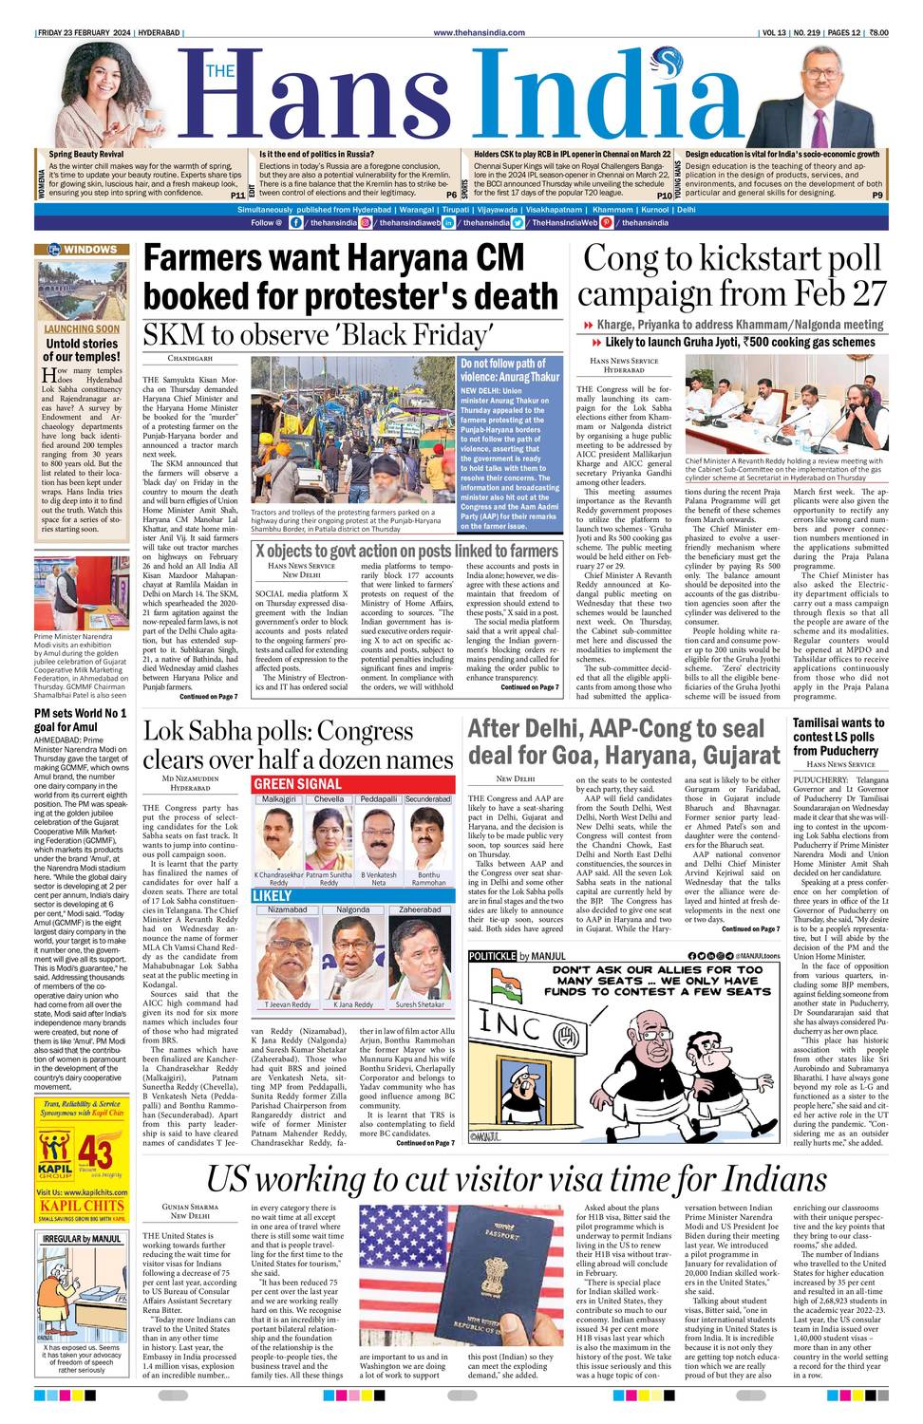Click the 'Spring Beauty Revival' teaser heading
click(x=86, y=154)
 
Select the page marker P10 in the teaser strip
click(x=664, y=195)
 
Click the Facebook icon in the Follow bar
click(x=296, y=222)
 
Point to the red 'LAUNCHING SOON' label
click(x=82, y=329)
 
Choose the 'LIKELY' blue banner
click(x=273, y=895)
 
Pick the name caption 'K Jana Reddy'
click(x=352, y=1004)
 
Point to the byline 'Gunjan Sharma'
click(x=189, y=1207)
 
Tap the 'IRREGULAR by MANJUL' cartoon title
click(x=82, y=1239)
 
